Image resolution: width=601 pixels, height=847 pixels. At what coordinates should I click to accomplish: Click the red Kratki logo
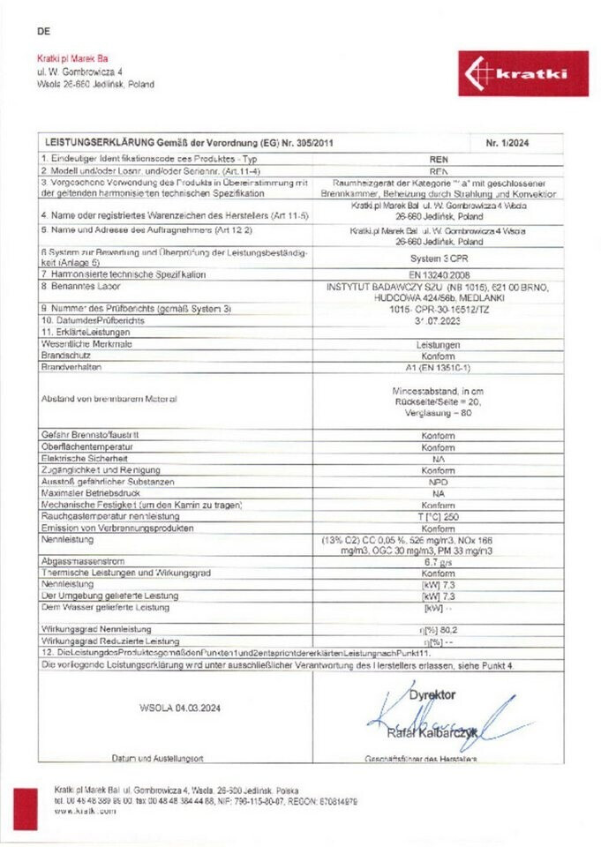point(522,73)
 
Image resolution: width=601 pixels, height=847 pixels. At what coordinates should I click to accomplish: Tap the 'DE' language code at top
point(44,32)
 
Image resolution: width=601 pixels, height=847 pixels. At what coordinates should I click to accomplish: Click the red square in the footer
point(26,807)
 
